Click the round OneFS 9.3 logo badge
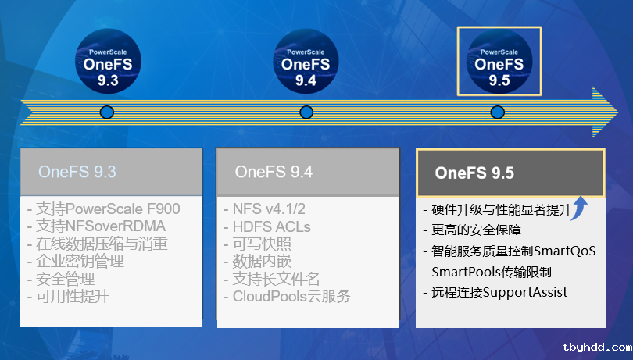(x=108, y=62)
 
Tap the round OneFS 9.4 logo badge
(x=306, y=62)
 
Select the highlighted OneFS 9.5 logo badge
(x=499, y=62)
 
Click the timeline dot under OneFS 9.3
(x=107, y=112)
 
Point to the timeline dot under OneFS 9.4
(x=306, y=112)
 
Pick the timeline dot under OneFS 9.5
(x=497, y=112)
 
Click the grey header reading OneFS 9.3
(x=112, y=172)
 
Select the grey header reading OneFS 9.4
(x=308, y=172)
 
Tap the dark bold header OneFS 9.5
(x=510, y=173)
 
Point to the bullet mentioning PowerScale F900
(x=104, y=209)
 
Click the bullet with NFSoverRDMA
(x=96, y=226)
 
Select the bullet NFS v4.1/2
(x=264, y=209)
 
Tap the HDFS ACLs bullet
(x=266, y=226)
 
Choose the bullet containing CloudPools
(x=287, y=297)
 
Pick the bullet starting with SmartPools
(x=488, y=272)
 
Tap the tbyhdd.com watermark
(x=598, y=347)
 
